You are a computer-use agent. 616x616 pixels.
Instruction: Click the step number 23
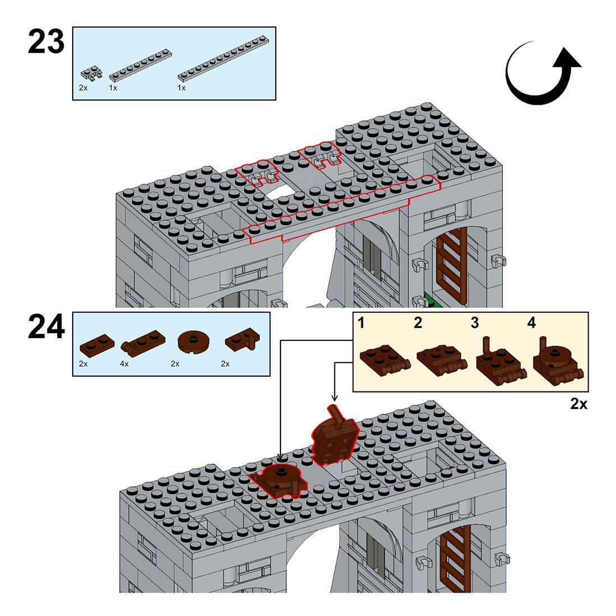46,43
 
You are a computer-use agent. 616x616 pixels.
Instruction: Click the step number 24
46,328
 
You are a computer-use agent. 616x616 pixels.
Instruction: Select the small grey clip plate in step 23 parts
91,73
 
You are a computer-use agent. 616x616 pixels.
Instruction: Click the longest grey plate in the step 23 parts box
223,60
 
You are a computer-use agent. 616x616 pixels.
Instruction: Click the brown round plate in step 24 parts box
193,341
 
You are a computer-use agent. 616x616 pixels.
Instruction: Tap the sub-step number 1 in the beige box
362,323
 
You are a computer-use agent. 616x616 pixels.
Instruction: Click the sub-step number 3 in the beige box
475,323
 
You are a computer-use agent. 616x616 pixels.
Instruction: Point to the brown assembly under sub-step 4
557,364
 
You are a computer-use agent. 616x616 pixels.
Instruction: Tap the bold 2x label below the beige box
578,404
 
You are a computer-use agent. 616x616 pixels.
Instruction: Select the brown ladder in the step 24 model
455,560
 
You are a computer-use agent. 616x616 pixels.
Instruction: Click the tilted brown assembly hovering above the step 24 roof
334,437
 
